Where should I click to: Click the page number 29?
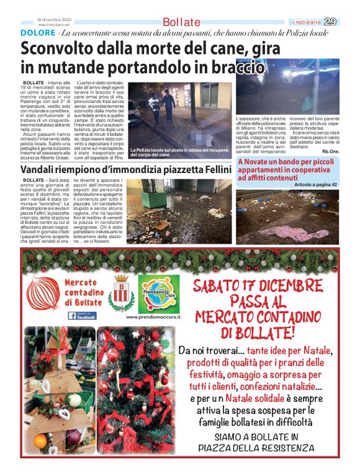coord(331,21)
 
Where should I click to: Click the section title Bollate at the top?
coord(181,22)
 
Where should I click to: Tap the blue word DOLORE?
coord(37,32)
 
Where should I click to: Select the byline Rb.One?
coord(325,151)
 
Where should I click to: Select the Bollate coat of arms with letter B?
coord(121,293)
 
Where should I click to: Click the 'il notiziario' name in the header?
coord(307,22)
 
